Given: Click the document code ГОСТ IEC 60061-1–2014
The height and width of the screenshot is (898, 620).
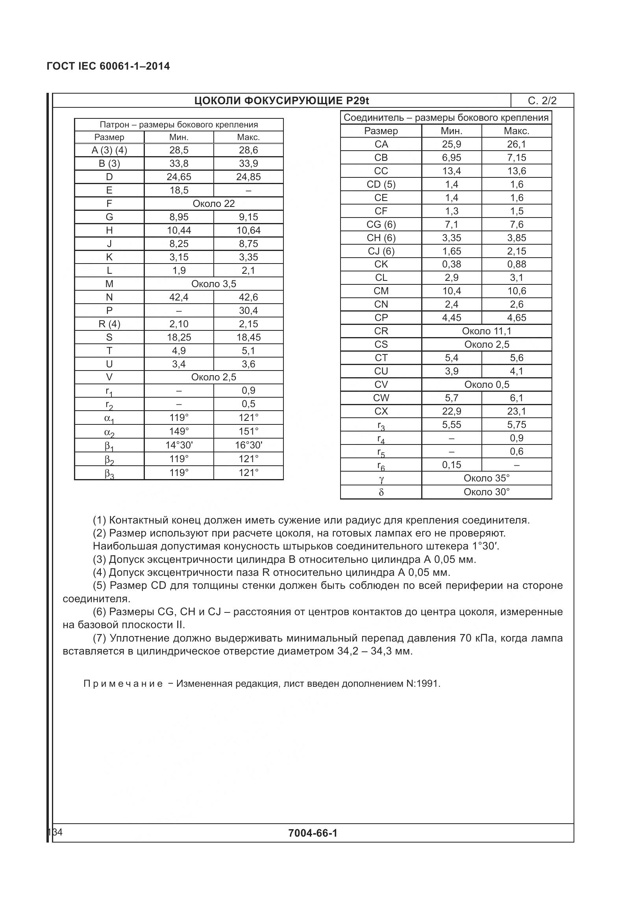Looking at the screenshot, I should tap(108, 66).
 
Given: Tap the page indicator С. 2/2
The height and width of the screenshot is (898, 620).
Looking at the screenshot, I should tap(542, 101).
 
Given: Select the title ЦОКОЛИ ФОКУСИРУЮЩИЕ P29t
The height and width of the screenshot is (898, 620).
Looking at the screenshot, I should tap(281, 101).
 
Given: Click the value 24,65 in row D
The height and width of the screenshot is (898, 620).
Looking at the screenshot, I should tap(179, 177).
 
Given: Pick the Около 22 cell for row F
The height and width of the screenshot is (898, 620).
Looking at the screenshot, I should tap(213, 204).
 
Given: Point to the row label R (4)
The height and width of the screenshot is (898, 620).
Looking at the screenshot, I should tap(109, 324).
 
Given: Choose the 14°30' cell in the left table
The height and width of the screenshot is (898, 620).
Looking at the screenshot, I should tap(179, 445).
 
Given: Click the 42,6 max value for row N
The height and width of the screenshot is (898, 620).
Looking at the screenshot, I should tap(248, 297).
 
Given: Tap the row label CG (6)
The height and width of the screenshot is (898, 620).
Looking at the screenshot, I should tap(381, 225).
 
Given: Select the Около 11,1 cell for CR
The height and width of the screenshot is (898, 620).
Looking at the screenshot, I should tap(487, 331).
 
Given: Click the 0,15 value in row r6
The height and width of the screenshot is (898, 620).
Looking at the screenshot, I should tap(451, 465).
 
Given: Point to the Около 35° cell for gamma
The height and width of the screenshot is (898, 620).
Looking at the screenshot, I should tap(487, 478).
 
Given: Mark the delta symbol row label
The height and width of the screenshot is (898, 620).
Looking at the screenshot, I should tap(381, 492).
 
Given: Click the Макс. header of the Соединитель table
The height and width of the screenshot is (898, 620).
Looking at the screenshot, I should tap(516, 131).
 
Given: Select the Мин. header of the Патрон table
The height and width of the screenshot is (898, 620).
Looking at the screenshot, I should tap(179, 137).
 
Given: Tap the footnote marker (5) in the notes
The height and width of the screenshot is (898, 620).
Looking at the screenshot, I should tap(100, 586).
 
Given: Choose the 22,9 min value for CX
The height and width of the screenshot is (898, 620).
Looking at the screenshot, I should tap(451, 411).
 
